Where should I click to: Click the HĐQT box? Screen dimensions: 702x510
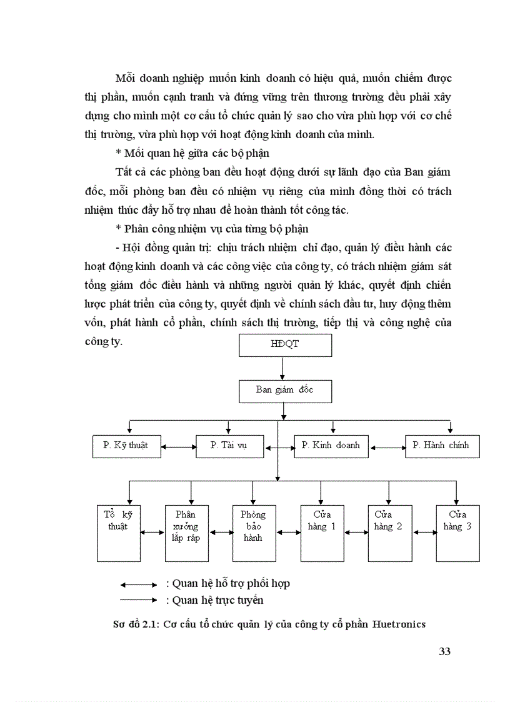[x=285, y=345]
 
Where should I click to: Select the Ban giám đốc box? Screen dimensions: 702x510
[x=285, y=390]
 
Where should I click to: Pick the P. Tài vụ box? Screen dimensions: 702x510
[x=229, y=446]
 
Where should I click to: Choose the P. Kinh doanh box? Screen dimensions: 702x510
[x=331, y=446]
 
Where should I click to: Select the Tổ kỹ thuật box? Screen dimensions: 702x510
[x=119, y=533]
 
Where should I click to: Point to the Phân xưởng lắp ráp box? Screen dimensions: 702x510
[x=186, y=533]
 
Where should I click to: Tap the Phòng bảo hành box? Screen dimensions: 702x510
[x=254, y=533]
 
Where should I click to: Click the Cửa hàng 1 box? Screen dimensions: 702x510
[x=322, y=533]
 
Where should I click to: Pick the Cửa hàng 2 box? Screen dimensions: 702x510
[x=389, y=533]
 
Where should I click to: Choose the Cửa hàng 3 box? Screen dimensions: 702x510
[x=457, y=533]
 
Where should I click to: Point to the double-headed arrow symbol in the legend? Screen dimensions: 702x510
[x=138, y=584]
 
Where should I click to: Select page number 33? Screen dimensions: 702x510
[x=444, y=651]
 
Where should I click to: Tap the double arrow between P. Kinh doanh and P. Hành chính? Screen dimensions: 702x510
[x=387, y=446]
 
